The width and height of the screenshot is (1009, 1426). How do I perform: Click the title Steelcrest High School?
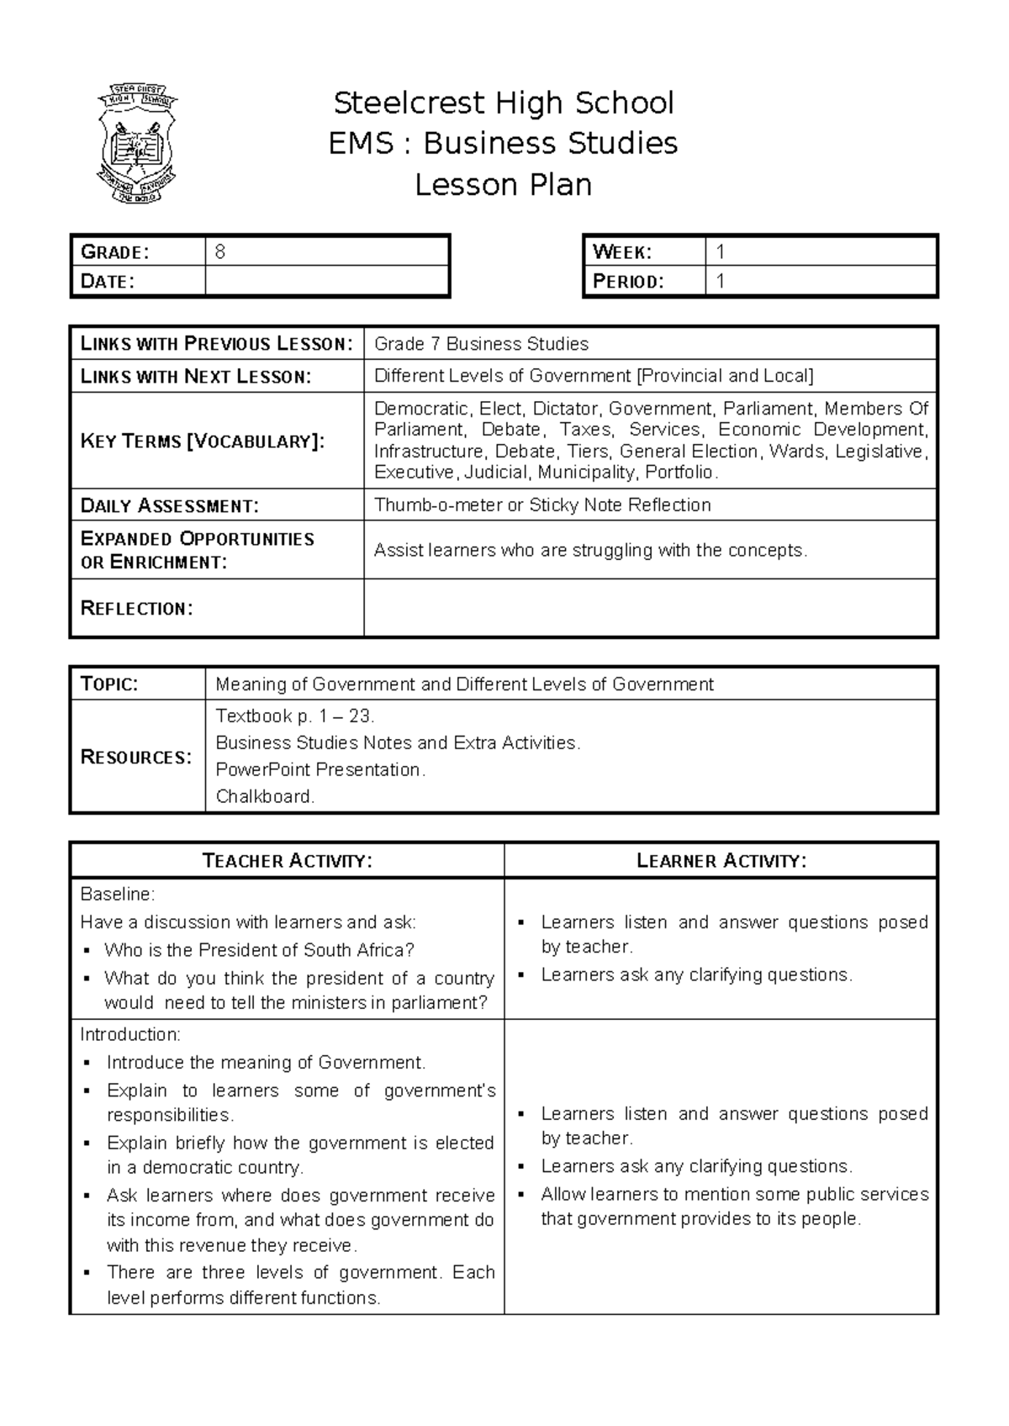pos(504,103)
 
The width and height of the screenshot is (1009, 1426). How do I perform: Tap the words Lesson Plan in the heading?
pos(504,184)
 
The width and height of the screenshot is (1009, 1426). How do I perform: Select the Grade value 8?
pos(220,252)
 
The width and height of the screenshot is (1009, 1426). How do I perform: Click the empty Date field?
pos(326,281)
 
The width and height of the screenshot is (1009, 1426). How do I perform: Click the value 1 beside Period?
pos(721,281)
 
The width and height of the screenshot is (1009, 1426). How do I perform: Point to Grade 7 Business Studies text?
pos(481,343)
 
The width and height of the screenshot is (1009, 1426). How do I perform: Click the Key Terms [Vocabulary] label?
pos(202,441)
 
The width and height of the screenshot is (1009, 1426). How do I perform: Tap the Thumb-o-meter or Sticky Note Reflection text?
pos(542,504)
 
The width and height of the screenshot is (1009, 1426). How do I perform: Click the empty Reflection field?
pos(649,608)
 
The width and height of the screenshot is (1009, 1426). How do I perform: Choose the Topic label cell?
pos(109,684)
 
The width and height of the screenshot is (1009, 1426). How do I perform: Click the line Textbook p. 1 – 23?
pos(295,716)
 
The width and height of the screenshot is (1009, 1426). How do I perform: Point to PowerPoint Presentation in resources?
pos(320,769)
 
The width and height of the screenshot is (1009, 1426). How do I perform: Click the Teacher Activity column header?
pos(287,860)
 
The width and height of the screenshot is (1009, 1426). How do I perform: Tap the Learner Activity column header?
pos(721,860)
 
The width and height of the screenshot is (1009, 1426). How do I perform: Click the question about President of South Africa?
pos(259,950)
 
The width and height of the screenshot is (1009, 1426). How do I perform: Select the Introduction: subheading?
pos(130,1034)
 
